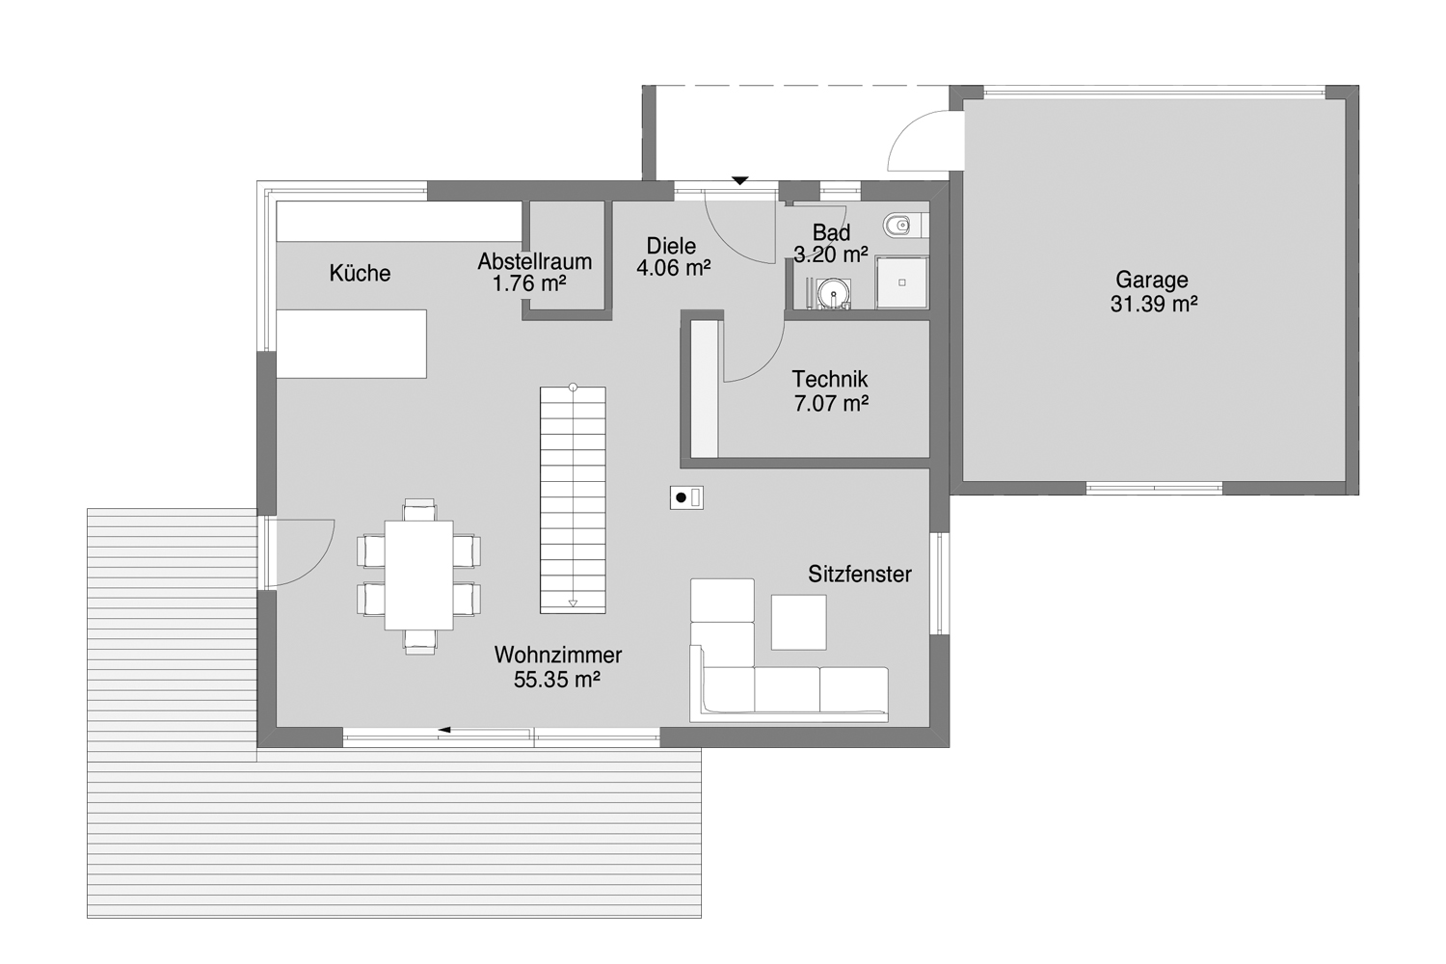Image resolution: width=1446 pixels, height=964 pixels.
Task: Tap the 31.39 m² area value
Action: [x=1153, y=305]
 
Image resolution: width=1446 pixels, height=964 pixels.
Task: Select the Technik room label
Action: [x=830, y=380]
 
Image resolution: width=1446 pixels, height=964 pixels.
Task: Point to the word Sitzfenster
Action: [x=860, y=575]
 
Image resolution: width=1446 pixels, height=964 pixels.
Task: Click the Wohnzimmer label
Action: [x=558, y=656]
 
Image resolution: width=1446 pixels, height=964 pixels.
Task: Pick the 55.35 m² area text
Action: [x=557, y=680]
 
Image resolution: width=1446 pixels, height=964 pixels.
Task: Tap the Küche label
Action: [x=360, y=274]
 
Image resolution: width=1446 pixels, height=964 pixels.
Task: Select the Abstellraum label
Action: [x=535, y=261]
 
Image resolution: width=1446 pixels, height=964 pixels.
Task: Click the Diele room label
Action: [x=672, y=246]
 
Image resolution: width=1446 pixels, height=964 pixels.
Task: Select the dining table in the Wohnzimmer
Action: [x=419, y=575]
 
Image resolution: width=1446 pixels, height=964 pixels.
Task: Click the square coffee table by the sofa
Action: [x=798, y=622]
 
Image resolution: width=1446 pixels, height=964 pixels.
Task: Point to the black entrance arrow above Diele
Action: [x=739, y=180]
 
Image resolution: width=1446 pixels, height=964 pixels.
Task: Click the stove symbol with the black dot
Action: [x=686, y=497]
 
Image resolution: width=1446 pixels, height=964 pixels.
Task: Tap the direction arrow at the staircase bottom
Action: [x=573, y=603]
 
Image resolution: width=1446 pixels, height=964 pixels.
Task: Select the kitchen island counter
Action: [x=352, y=343]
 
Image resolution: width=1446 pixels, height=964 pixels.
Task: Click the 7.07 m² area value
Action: [x=831, y=404]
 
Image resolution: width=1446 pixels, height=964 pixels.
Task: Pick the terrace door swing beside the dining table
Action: [x=301, y=551]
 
